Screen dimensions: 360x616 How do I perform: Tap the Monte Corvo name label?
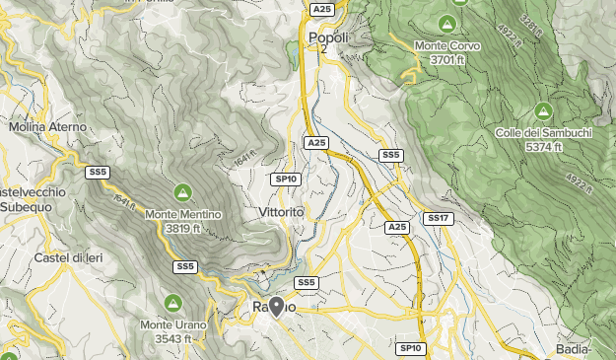click(445, 45)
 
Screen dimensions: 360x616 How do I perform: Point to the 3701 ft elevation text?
click(445, 59)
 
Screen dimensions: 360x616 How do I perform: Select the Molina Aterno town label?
click(47, 127)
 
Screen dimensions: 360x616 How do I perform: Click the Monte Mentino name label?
click(183, 214)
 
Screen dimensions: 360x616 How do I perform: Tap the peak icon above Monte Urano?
click(173, 303)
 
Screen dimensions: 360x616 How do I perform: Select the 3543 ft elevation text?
click(173, 338)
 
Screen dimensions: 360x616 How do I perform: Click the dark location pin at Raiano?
click(277, 307)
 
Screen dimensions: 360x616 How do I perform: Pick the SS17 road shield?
click(439, 218)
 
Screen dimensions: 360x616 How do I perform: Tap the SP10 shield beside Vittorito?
click(286, 179)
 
